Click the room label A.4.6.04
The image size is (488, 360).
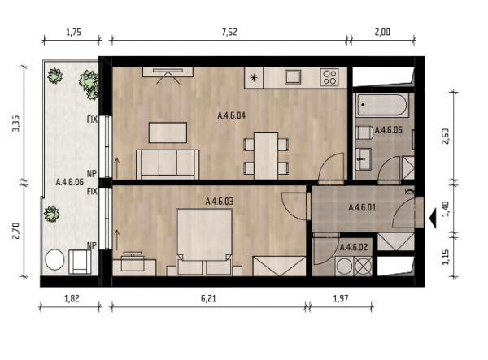tap(231, 115)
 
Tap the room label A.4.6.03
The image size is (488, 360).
tap(220, 202)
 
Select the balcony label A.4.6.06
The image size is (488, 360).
tap(70, 182)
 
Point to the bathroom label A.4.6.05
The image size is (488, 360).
tap(389, 130)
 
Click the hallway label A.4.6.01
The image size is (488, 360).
tap(362, 207)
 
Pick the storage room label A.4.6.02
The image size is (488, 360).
tap(354, 248)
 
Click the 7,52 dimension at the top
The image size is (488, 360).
tap(229, 32)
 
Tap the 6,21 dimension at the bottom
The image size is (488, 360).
tap(208, 299)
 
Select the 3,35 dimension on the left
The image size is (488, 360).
tap(16, 124)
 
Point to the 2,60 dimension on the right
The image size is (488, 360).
tap(446, 137)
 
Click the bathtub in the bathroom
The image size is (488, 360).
tap(382, 105)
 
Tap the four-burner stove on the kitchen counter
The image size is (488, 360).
tap(329, 76)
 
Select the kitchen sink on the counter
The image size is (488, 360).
tap(293, 76)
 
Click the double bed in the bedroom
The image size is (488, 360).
tap(204, 242)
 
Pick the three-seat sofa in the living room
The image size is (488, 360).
tap(168, 165)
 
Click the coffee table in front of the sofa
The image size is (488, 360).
tap(168, 132)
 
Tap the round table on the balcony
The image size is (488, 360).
tap(54, 259)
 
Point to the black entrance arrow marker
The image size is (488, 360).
tap(433, 219)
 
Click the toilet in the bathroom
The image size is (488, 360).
tap(364, 132)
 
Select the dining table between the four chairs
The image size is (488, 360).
tap(266, 156)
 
